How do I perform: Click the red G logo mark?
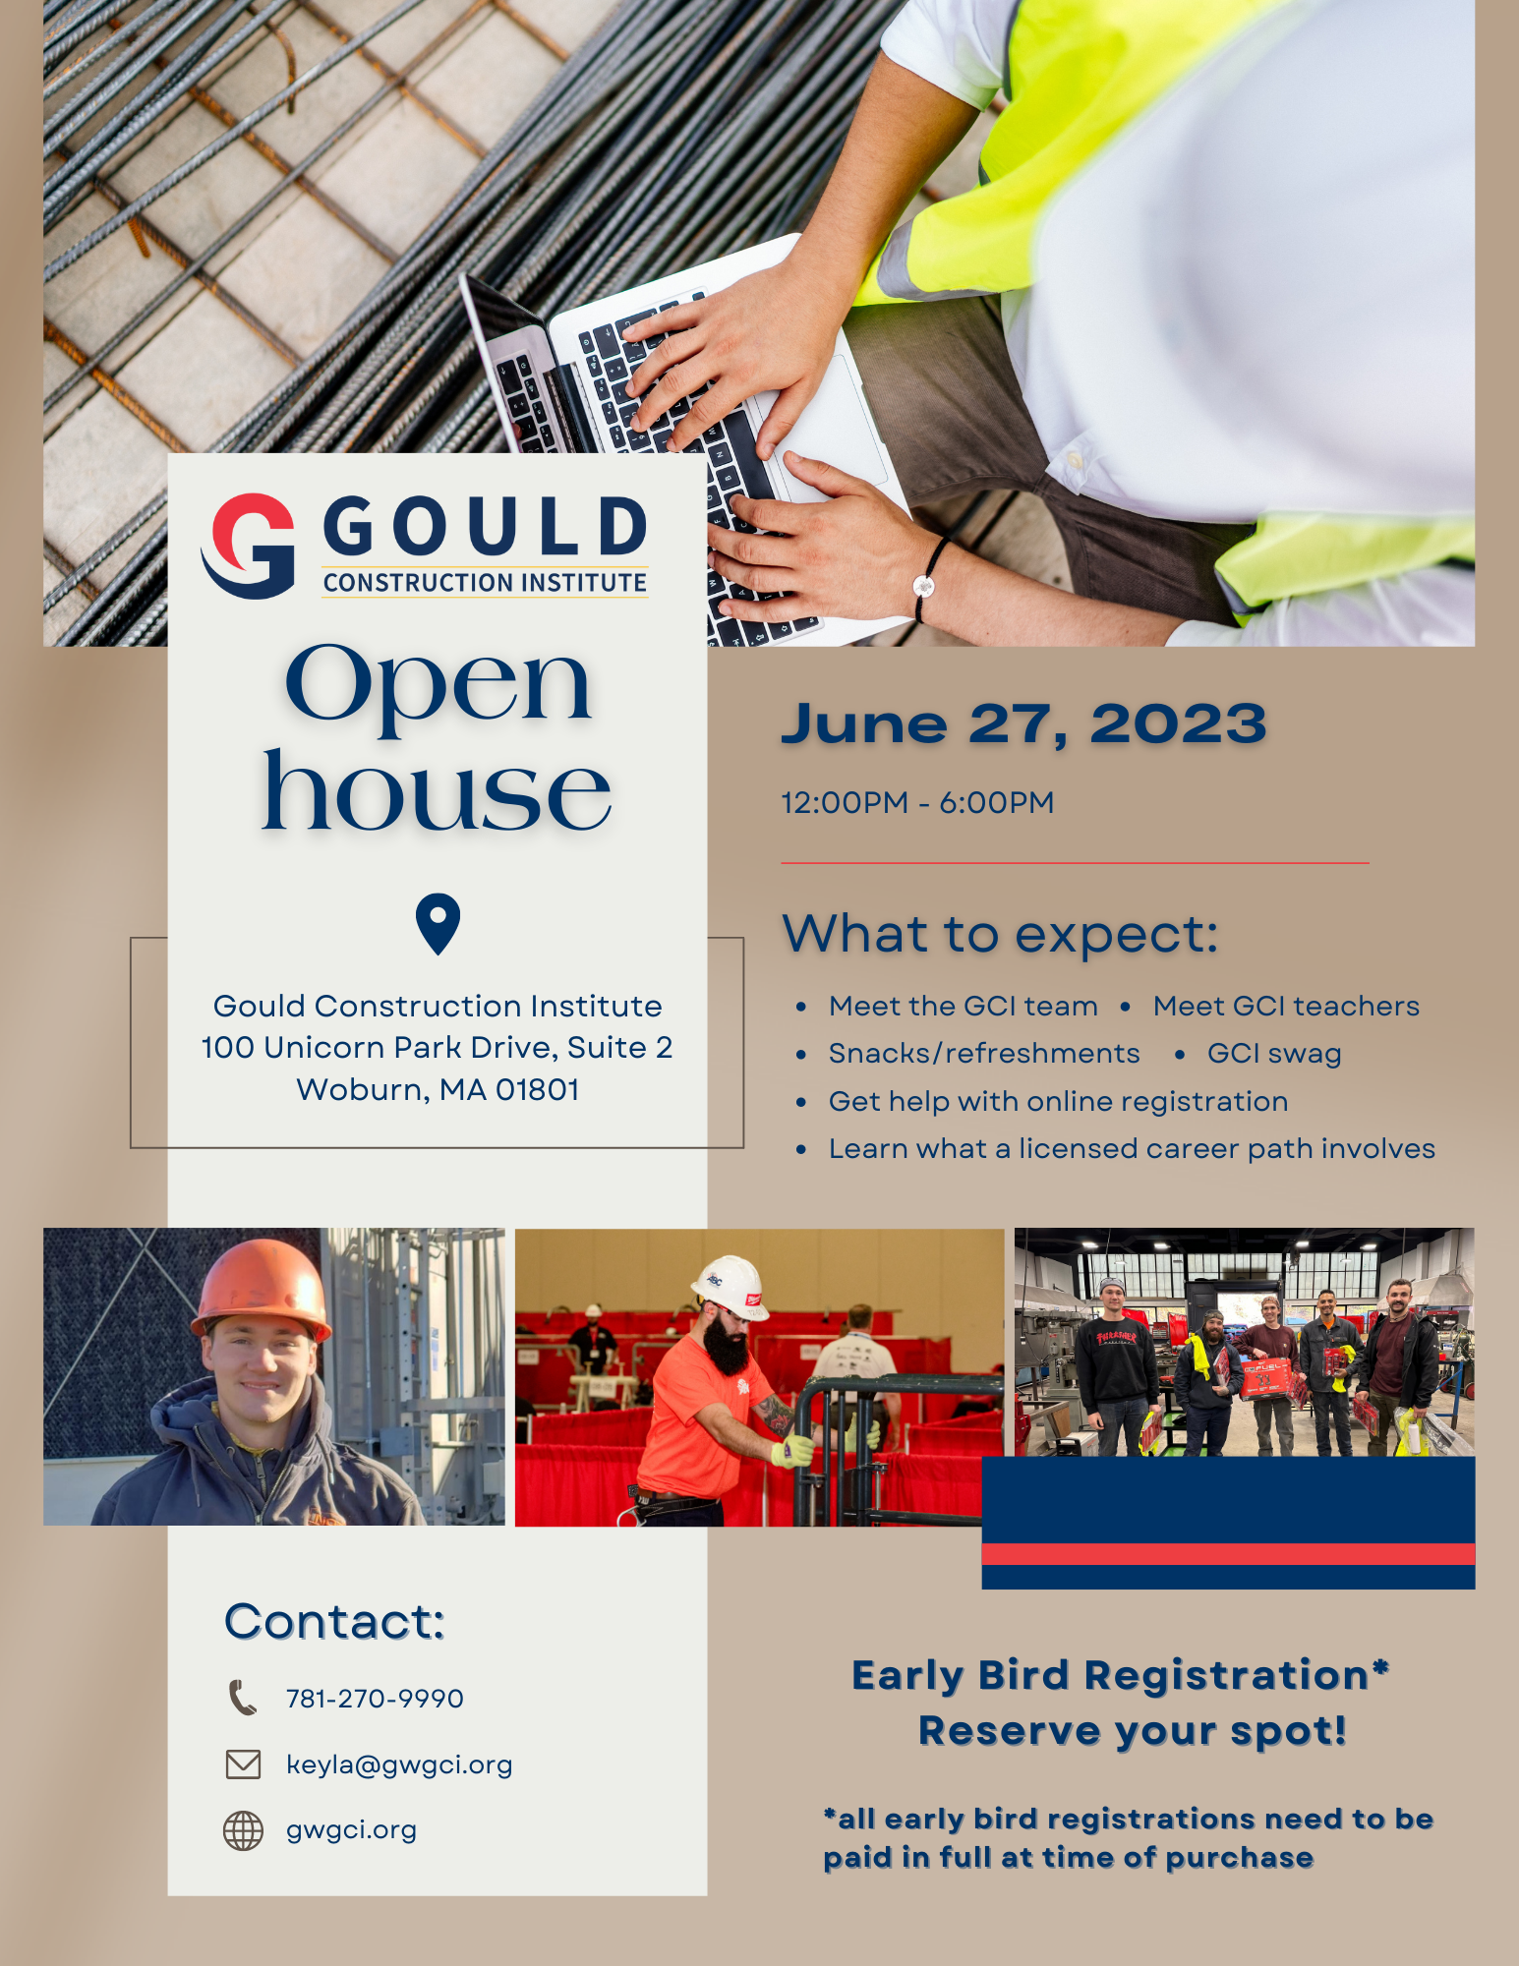click(x=248, y=546)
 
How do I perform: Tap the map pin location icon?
click(x=438, y=923)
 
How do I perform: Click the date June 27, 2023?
click(x=1023, y=724)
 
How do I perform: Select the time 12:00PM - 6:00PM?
click(x=917, y=802)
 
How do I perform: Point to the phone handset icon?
click(x=243, y=1698)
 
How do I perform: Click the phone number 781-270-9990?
click(x=375, y=1699)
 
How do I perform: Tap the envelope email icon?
click(x=243, y=1764)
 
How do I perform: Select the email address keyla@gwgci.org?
click(x=399, y=1765)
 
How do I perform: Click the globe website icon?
click(x=243, y=1830)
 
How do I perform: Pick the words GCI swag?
click(x=1274, y=1054)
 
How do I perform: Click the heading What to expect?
click(x=1000, y=934)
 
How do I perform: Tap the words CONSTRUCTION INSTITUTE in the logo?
click(x=485, y=583)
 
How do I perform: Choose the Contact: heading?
click(x=334, y=1622)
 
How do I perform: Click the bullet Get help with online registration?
click(x=1058, y=1102)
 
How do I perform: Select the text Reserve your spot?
click(x=1133, y=1731)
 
